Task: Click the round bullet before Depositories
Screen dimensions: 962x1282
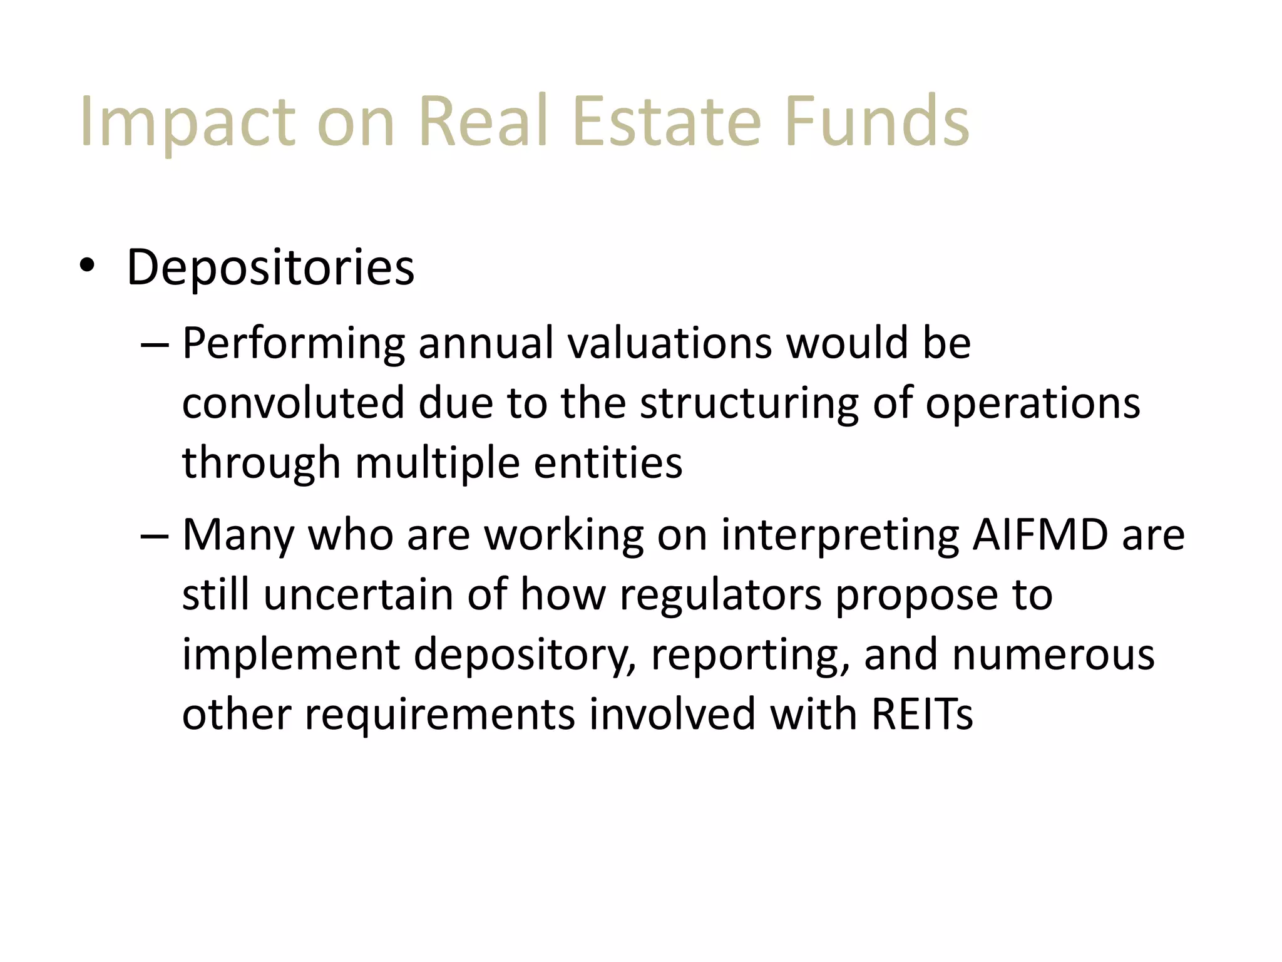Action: [x=87, y=266]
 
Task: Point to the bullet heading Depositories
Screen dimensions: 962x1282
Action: [x=270, y=267]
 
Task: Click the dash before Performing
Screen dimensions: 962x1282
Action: [x=155, y=345]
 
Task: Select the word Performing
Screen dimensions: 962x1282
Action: [x=294, y=344]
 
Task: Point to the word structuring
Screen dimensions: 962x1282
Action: [x=749, y=403]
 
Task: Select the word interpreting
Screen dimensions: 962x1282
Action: [x=840, y=535]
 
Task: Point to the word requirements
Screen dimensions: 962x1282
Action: [x=439, y=714]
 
